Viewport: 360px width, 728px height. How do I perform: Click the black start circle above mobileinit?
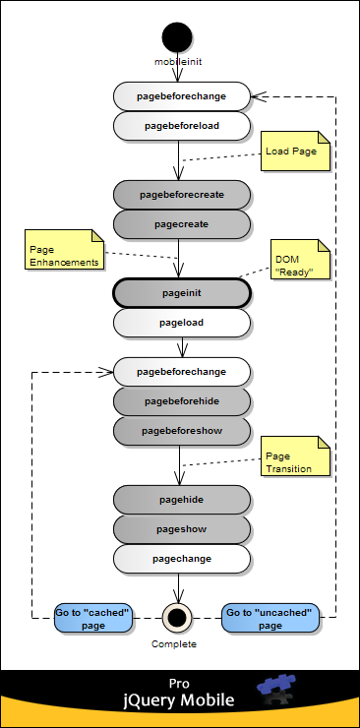pyautogui.click(x=179, y=37)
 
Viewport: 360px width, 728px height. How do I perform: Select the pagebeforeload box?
pyautogui.click(x=182, y=126)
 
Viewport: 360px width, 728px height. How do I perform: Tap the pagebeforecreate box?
pyautogui.click(x=182, y=195)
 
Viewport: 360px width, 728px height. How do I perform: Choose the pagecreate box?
pyautogui.click(x=182, y=224)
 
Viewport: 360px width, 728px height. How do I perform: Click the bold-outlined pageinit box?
pyautogui.click(x=182, y=293)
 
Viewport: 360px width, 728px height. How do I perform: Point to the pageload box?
pyautogui.click(x=182, y=322)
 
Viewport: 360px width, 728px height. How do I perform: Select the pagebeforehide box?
pyautogui.click(x=182, y=401)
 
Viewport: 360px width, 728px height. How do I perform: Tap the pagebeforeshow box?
pyautogui.click(x=182, y=431)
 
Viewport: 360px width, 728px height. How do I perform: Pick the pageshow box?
pyautogui.click(x=182, y=528)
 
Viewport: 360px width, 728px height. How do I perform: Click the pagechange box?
pyautogui.click(x=182, y=558)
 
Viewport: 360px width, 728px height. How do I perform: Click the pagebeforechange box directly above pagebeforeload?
pyautogui.click(x=182, y=96)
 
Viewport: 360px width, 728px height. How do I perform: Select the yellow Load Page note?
pyautogui.click(x=295, y=152)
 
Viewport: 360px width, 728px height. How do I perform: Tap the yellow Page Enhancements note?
pyautogui.click(x=64, y=255)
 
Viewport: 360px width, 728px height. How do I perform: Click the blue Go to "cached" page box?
pyautogui.click(x=93, y=617)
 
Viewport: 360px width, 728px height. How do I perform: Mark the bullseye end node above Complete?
pyautogui.click(x=179, y=617)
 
